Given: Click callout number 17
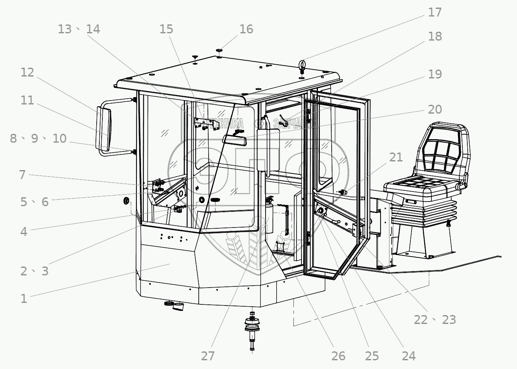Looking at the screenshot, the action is pyautogui.click(x=434, y=12).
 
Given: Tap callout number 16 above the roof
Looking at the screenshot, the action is pyautogui.click(x=246, y=29).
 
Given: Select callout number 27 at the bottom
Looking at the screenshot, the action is pyautogui.click(x=208, y=356).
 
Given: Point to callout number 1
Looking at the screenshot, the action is pyautogui.click(x=24, y=298).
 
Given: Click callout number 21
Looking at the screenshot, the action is pyautogui.click(x=396, y=157).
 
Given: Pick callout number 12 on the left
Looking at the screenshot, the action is pyautogui.click(x=27, y=72).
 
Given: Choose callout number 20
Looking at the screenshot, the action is pyautogui.click(x=434, y=109).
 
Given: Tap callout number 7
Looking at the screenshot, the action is pyautogui.click(x=22, y=175).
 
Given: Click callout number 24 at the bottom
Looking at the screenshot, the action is pyautogui.click(x=408, y=356).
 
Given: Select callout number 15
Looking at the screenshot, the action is pyautogui.click(x=166, y=29).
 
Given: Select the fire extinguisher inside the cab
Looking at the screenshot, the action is pyautogui.click(x=269, y=217).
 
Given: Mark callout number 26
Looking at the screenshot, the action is pyautogui.click(x=338, y=356).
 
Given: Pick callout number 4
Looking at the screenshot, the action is pyautogui.click(x=24, y=231).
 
